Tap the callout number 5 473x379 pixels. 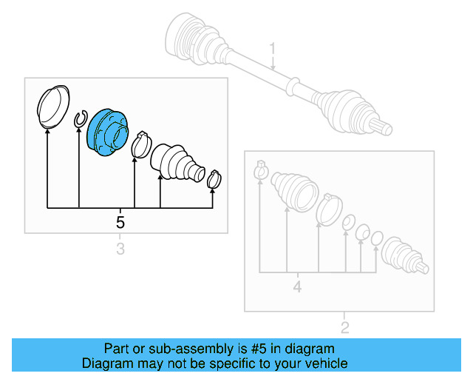coord(120,221)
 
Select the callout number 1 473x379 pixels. coord(272,50)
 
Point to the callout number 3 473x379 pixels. coord(120,249)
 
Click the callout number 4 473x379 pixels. coord(296,286)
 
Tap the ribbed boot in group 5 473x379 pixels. coord(174,161)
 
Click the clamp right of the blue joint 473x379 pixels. coord(140,144)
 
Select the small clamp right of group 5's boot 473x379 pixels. coord(214,178)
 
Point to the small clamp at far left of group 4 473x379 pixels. coord(260,170)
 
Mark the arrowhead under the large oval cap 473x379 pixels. coord(47,130)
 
